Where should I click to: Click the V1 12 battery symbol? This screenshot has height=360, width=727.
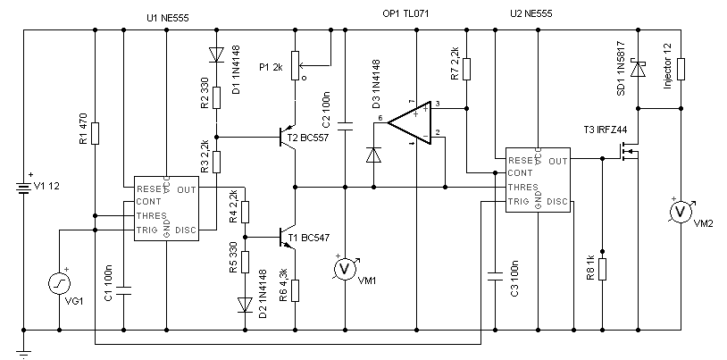tap(23, 188)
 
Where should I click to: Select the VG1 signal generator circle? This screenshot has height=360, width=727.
tap(59, 283)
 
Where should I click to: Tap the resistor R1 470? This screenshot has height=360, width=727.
tap(95, 133)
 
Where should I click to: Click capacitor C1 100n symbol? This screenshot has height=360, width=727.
tap(124, 291)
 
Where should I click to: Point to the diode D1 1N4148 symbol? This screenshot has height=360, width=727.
tap(216, 54)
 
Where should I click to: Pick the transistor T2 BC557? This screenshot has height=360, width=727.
tap(288, 138)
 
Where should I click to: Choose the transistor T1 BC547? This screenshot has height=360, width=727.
tap(288, 237)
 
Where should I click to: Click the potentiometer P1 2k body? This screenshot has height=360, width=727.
tap(296, 65)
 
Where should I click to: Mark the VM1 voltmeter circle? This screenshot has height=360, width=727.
tap(345, 269)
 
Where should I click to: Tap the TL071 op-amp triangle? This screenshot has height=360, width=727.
tap(410, 123)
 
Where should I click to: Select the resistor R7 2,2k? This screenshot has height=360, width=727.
tap(467, 69)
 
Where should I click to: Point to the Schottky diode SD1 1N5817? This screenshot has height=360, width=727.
tap(639, 70)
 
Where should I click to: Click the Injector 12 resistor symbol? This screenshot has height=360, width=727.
tap(681, 69)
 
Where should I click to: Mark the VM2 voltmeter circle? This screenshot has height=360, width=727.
tap(681, 211)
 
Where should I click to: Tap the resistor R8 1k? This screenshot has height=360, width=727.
tap(602, 269)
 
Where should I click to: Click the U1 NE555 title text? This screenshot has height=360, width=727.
tap(167, 18)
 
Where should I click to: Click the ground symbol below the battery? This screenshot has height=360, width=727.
tap(23, 350)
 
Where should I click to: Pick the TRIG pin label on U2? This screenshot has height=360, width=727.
tap(518, 202)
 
